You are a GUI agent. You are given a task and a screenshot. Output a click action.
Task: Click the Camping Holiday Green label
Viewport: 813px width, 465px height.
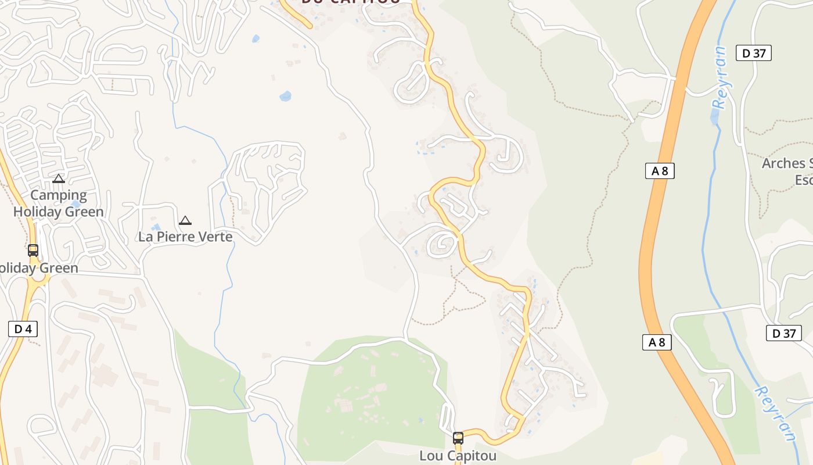point(58,203)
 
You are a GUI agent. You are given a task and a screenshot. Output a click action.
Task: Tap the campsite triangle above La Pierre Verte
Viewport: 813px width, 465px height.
point(185,221)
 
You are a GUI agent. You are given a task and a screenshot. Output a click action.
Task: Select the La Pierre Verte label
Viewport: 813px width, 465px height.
point(185,237)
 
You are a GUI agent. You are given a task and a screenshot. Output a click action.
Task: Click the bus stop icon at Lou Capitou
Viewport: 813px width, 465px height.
point(458,438)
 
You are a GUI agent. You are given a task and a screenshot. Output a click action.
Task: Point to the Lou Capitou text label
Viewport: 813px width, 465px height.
point(458,456)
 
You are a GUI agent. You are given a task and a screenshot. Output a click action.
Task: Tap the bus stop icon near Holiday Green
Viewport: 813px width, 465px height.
point(33,251)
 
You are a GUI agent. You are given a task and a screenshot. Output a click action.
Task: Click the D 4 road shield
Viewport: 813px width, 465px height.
point(23,329)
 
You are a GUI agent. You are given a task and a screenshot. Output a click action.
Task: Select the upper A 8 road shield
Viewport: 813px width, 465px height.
point(659,171)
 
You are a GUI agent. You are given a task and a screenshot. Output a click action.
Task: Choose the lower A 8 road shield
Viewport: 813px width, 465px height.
point(657,342)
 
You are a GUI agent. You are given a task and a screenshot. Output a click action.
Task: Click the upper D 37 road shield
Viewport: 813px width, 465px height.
point(754,53)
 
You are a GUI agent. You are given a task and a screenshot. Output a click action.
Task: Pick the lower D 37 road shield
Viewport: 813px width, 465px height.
point(783,333)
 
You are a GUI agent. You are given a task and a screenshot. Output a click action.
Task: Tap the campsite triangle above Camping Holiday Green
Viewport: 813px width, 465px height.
point(59,179)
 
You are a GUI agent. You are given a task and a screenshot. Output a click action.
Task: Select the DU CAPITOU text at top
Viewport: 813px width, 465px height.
point(351,2)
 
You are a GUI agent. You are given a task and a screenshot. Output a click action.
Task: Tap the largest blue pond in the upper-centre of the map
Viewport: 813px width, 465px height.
point(285,96)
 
